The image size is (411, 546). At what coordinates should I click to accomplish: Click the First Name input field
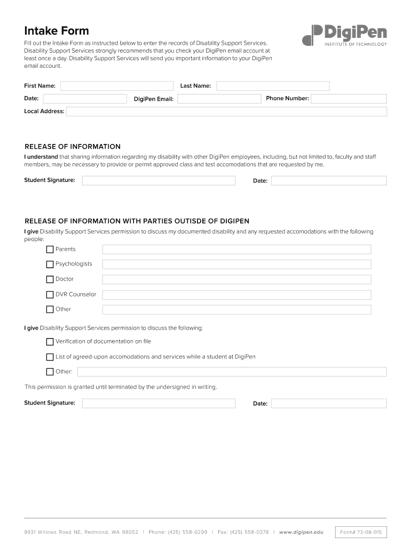click(117, 86)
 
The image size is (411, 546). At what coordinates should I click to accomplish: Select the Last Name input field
click(273, 86)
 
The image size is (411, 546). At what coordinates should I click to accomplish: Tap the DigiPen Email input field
click(219, 99)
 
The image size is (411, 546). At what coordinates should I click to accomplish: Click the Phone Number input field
click(349, 99)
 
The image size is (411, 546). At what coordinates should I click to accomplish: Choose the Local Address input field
click(226, 111)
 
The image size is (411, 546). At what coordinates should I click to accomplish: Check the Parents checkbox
click(50, 250)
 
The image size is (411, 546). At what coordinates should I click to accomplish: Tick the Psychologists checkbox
click(50, 264)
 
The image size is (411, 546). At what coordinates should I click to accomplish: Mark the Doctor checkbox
click(50, 279)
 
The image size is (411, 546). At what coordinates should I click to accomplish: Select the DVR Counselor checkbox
click(50, 294)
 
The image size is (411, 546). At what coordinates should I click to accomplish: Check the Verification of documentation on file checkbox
click(50, 342)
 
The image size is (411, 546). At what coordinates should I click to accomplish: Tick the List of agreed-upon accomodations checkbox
click(50, 357)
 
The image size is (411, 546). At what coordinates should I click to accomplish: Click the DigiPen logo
click(344, 35)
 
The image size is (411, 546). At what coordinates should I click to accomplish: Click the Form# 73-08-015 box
click(361, 532)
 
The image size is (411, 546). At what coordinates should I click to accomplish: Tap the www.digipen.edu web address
click(301, 532)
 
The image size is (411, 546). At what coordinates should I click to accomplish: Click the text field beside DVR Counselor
click(236, 294)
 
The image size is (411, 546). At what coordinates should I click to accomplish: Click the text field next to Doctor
click(236, 279)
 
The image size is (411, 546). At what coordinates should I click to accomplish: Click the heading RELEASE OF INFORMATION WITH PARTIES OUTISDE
click(137, 221)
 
